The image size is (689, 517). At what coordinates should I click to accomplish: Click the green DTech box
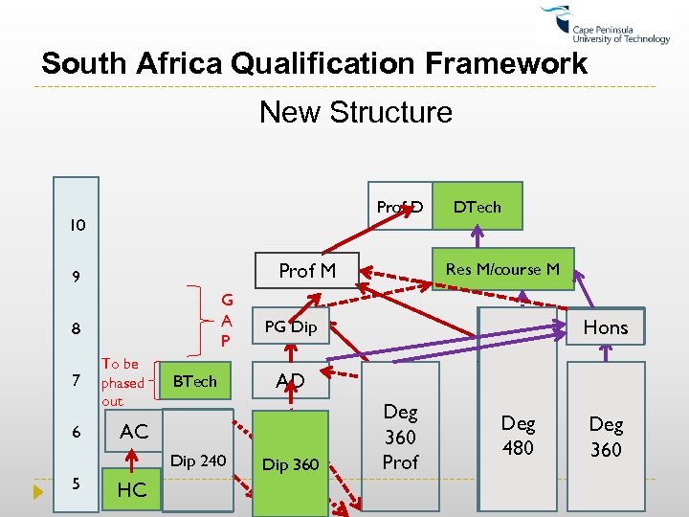point(478,207)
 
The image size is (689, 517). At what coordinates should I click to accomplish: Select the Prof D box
point(400,207)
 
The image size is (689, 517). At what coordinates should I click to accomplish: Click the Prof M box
point(306,271)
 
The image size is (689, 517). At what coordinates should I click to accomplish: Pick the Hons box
point(606,327)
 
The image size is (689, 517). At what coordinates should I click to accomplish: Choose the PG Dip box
point(290,326)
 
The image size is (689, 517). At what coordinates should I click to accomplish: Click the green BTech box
point(195,381)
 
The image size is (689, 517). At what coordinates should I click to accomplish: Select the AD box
point(290,381)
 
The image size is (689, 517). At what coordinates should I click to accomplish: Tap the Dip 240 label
point(197,461)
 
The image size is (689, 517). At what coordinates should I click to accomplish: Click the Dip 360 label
point(290,464)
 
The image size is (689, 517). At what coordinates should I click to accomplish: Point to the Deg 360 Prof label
point(400,437)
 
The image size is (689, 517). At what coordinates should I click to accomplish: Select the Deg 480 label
point(518,435)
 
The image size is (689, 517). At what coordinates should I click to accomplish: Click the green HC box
point(131,489)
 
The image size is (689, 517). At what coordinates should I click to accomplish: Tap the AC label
point(133,432)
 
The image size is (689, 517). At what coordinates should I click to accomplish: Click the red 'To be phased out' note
point(122,382)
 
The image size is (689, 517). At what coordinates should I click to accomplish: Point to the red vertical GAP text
point(227,320)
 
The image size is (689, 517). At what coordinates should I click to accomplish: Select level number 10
point(77,227)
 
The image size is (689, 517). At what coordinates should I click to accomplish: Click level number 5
point(77,483)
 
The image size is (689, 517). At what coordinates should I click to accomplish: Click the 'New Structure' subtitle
point(355,112)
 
